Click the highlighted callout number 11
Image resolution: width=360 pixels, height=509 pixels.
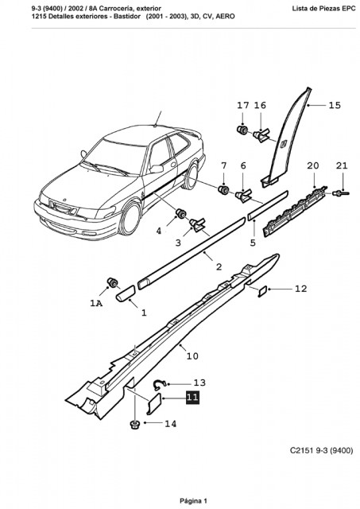click(x=192, y=398)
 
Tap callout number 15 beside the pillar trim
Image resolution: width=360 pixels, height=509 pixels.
click(x=335, y=105)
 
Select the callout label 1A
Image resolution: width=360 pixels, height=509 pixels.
click(x=96, y=303)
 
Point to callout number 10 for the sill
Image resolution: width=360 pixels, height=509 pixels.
click(x=192, y=356)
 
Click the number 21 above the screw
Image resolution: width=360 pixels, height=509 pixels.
click(x=342, y=165)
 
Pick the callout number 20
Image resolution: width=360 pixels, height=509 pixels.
click(x=313, y=165)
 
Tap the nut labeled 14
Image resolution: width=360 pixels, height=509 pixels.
click(x=134, y=424)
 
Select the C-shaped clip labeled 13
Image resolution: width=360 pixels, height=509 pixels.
click(x=159, y=384)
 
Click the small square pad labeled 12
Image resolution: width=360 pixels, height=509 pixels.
click(x=262, y=291)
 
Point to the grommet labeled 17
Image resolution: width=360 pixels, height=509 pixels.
click(x=242, y=130)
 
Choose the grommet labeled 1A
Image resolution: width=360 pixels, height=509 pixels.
click(x=113, y=282)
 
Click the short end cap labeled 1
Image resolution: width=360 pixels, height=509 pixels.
click(x=126, y=293)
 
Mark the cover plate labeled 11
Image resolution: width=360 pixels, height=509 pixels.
click(x=153, y=403)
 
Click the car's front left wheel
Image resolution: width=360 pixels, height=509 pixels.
click(x=130, y=218)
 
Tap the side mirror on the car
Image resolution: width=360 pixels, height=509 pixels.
click(x=156, y=169)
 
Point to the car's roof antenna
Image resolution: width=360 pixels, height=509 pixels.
click(x=158, y=119)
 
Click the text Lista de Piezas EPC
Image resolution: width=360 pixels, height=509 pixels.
click(x=323, y=9)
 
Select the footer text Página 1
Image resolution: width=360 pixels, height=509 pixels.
click(x=193, y=501)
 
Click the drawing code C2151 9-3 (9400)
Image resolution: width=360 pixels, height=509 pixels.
click(x=321, y=451)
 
